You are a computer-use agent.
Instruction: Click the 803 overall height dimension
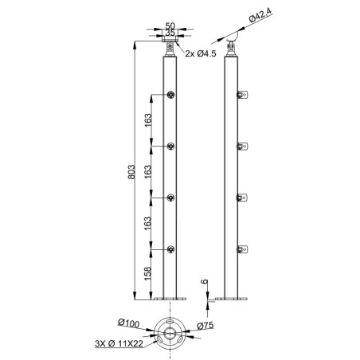(131, 172)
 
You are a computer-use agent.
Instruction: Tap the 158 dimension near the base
(147, 273)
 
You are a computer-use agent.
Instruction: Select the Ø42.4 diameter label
(260, 15)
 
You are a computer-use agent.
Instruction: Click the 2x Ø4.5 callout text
(201, 53)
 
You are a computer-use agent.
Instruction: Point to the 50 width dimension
(170, 25)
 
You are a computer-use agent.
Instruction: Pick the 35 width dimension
(170, 33)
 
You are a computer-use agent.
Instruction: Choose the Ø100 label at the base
(128, 323)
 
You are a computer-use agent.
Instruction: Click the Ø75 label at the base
(205, 325)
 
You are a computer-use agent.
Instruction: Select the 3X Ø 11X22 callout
(119, 343)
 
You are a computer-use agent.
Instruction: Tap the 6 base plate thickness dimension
(205, 282)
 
